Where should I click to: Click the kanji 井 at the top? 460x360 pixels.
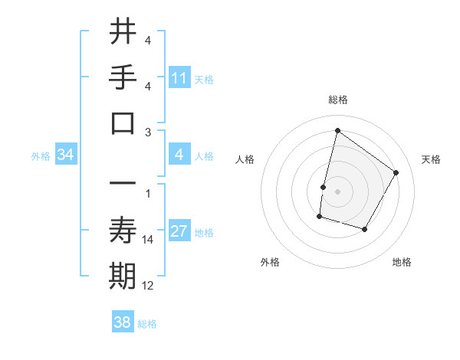pos(123,31)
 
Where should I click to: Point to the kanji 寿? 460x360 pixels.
pos(123,230)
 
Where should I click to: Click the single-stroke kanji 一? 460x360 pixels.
pos(123,184)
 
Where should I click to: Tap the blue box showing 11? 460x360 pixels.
pos(179,78)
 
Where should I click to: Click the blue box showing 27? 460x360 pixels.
pos(179,232)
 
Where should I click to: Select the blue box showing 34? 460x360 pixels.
pos(66,155)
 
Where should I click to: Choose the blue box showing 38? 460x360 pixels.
pos(123,323)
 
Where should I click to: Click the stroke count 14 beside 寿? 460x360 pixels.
pos(148,240)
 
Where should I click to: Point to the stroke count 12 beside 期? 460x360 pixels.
pos(148,286)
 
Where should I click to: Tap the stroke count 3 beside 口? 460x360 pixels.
pos(148,132)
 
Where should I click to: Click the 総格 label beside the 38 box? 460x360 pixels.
pos(147,324)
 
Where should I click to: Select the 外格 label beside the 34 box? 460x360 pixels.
pos(41,156)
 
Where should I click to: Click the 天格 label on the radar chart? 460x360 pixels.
pos(431,159)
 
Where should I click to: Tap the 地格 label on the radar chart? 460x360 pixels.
pos(402,262)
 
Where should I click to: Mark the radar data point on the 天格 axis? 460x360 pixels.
pos(396,172)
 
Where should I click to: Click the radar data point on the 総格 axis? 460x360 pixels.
pos(337,130)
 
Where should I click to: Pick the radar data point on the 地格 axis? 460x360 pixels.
pos(365,229)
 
